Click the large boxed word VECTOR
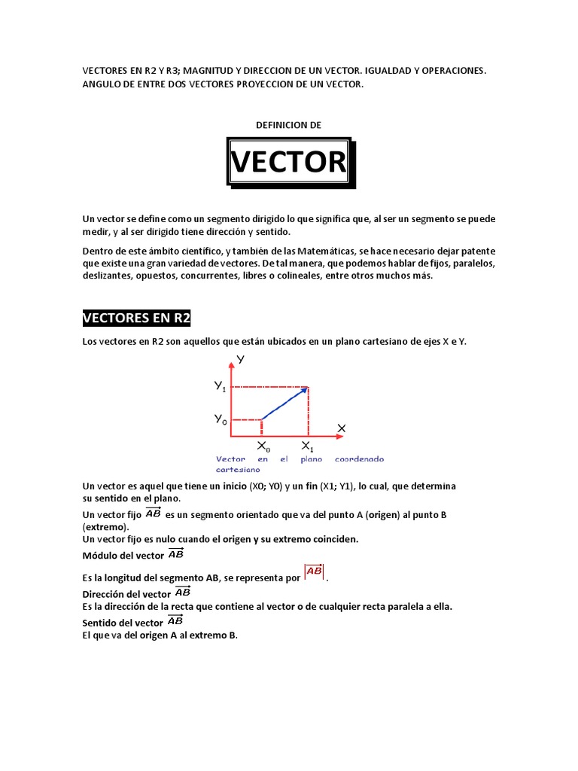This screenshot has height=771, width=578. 289,162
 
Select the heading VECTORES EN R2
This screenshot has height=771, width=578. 136,318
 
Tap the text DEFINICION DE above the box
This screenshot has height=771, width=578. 289,125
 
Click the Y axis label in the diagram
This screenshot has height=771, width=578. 241,359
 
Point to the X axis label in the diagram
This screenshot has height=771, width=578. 341,428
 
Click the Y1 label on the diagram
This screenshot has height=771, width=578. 220,387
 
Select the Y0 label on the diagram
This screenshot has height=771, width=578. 220,420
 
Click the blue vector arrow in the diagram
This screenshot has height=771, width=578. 284,404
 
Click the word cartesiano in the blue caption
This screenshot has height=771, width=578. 237,468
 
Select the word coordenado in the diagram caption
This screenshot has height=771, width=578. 359,459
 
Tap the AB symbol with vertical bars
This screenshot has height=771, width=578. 315,573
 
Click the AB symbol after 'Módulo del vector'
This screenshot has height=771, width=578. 175,555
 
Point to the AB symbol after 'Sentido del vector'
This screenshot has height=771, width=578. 175,622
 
